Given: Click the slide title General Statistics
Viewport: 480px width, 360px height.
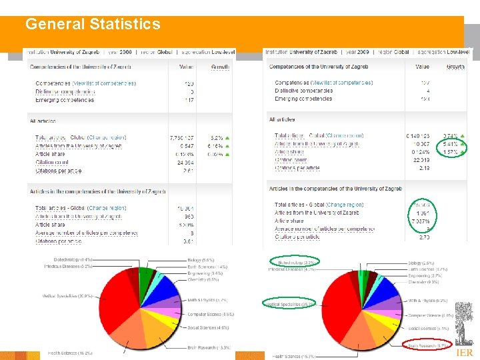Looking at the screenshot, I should click(x=93, y=25).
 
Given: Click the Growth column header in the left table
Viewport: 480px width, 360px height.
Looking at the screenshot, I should click(x=221, y=67).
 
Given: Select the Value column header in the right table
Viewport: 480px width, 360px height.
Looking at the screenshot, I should click(x=423, y=67).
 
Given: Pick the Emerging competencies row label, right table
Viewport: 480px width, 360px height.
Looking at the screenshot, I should click(x=303, y=99).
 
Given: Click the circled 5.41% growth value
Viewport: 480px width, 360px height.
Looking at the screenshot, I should click(x=451, y=143).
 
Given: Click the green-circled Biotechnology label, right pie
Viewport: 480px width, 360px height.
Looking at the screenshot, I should click(x=293, y=262).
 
